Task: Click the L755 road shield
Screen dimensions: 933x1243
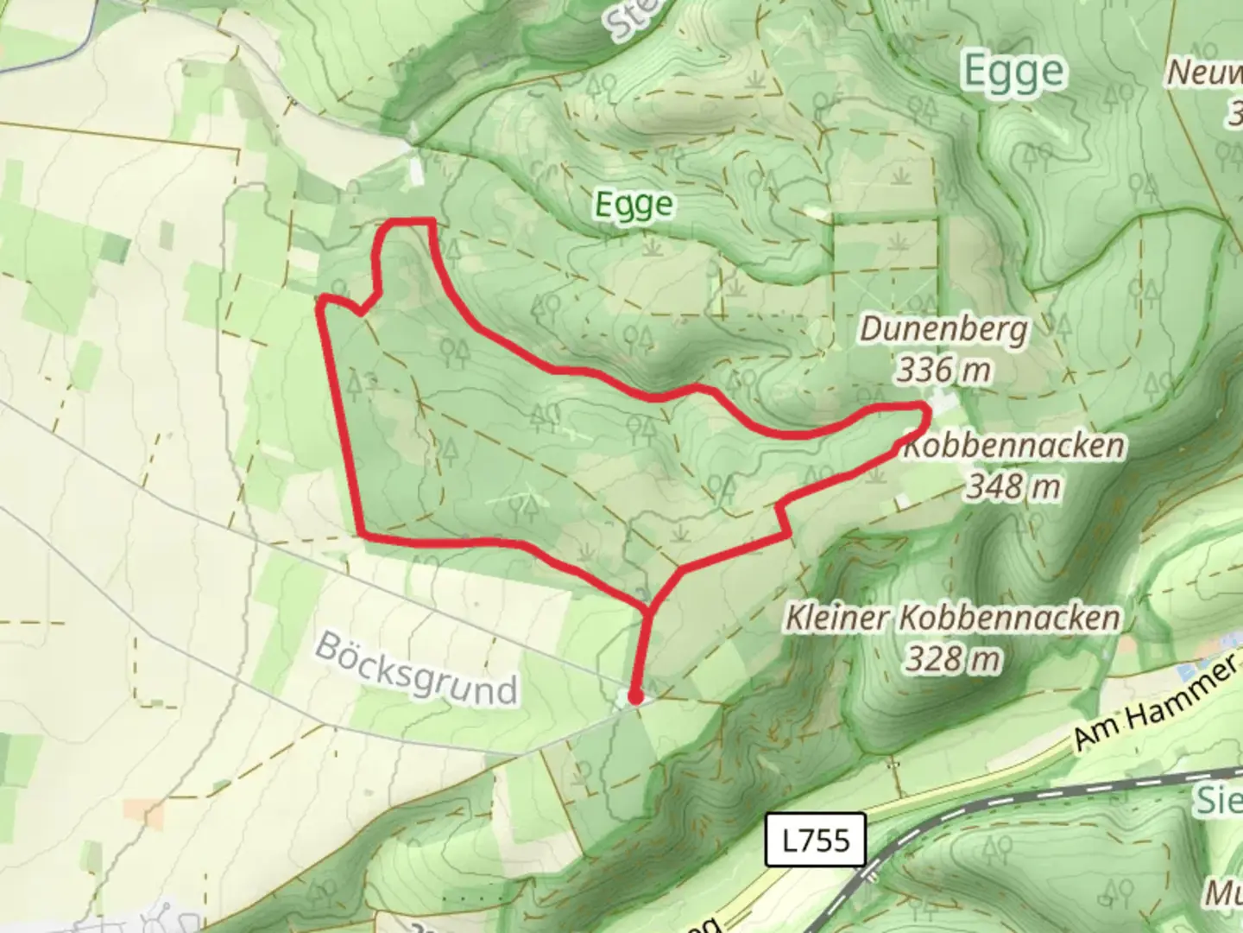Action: [816, 839]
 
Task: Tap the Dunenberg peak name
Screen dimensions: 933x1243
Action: [944, 329]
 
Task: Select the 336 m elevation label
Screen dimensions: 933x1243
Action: [943, 370]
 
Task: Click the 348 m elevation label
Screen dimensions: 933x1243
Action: [1013, 486]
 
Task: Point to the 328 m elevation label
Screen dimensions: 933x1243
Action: [953, 659]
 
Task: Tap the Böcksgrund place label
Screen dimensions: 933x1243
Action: [416, 668]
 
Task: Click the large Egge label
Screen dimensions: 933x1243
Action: [1013, 72]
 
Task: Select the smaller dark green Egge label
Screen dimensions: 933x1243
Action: [634, 205]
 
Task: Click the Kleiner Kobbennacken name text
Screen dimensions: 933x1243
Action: [952, 618]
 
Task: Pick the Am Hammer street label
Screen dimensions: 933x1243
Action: [1155, 701]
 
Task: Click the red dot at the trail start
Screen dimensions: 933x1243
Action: [635, 697]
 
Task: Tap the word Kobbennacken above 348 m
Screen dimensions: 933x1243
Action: [1014, 447]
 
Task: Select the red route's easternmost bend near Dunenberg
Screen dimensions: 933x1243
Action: [925, 412]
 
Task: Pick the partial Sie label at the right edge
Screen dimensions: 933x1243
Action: [1218, 800]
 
